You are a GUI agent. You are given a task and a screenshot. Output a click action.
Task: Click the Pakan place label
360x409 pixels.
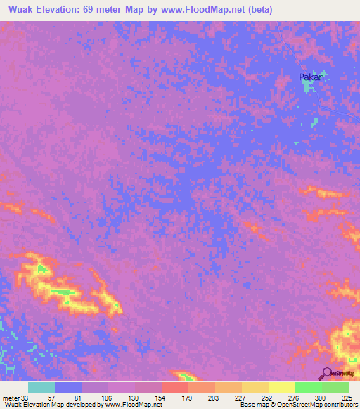(x=311, y=77)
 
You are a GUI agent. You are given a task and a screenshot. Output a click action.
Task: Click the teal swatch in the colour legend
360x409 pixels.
(x=41, y=387)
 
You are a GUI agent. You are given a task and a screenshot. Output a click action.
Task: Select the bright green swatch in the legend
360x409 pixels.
(x=308, y=387)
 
